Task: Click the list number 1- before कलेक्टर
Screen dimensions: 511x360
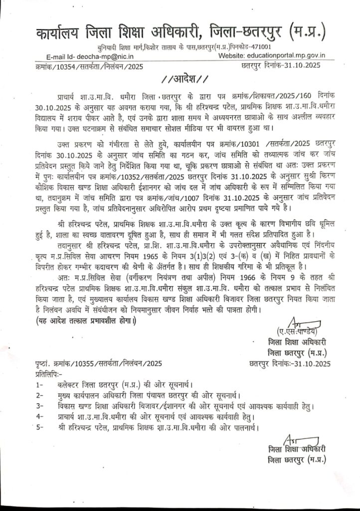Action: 39,385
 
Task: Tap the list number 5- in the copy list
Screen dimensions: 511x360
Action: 39,427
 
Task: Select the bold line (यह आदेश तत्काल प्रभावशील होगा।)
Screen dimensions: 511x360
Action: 84,320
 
